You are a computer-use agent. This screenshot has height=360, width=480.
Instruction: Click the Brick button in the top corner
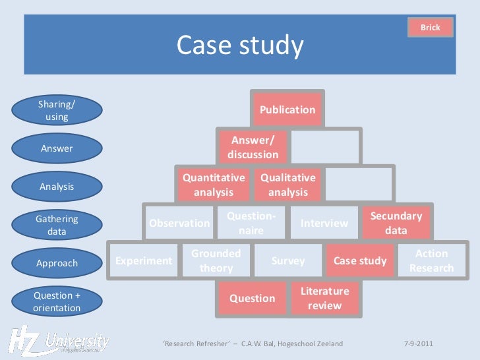click(430, 28)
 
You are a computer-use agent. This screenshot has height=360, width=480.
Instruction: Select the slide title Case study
click(240, 45)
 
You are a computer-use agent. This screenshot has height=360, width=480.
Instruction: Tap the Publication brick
click(287, 109)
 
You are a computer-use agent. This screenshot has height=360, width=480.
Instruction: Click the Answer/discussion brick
click(253, 147)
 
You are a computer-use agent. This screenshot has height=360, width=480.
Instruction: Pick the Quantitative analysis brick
click(214, 185)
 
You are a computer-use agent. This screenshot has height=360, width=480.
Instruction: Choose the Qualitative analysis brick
click(288, 185)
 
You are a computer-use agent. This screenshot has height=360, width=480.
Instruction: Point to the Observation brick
click(179, 223)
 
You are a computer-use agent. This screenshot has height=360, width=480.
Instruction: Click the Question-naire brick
click(251, 223)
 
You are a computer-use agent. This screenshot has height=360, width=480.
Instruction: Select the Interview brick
click(324, 223)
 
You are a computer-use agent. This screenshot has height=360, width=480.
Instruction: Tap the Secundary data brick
click(396, 223)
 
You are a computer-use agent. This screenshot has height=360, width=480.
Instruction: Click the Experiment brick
click(144, 260)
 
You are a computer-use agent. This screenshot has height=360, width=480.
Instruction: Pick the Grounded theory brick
click(216, 260)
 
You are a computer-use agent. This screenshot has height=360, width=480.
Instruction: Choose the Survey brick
click(288, 260)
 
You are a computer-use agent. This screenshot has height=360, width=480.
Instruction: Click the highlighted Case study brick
click(360, 260)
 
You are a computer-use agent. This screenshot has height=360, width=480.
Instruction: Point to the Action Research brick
click(432, 260)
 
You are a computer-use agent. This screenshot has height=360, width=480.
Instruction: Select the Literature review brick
click(325, 298)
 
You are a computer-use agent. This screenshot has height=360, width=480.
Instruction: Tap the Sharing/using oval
click(57, 110)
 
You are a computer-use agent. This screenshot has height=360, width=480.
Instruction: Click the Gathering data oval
click(57, 225)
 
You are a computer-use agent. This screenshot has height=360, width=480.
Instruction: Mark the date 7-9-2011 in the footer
click(418, 344)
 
